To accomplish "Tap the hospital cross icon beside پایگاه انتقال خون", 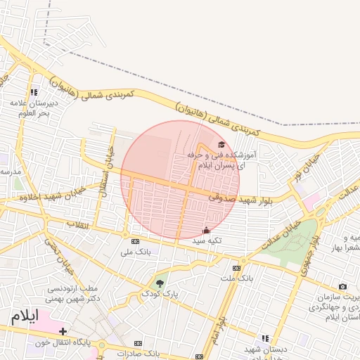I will coord(63,331).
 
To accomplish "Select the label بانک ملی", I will coord(136,251).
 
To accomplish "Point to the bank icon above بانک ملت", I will coord(236,267).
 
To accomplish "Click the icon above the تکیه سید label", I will coord(206,230).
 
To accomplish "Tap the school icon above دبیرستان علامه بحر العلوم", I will coord(34,92).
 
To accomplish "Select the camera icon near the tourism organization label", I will coord(342,286).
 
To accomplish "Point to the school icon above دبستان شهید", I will coord(265,338).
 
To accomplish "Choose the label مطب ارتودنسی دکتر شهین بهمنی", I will coord(78,294).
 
